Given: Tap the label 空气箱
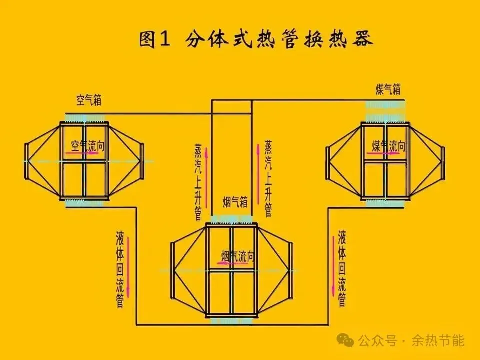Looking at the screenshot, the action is (89, 100).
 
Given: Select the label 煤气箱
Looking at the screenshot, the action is (388, 90).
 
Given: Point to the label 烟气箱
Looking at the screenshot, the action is (235, 202).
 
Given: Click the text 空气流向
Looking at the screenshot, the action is (88, 146).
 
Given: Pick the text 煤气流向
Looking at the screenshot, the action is (388, 146).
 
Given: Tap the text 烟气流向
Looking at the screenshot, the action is (238, 257).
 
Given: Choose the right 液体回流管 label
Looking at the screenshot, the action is (342, 268).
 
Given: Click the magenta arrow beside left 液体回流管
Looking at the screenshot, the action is (129, 267).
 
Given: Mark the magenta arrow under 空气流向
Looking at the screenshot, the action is (83, 154).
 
